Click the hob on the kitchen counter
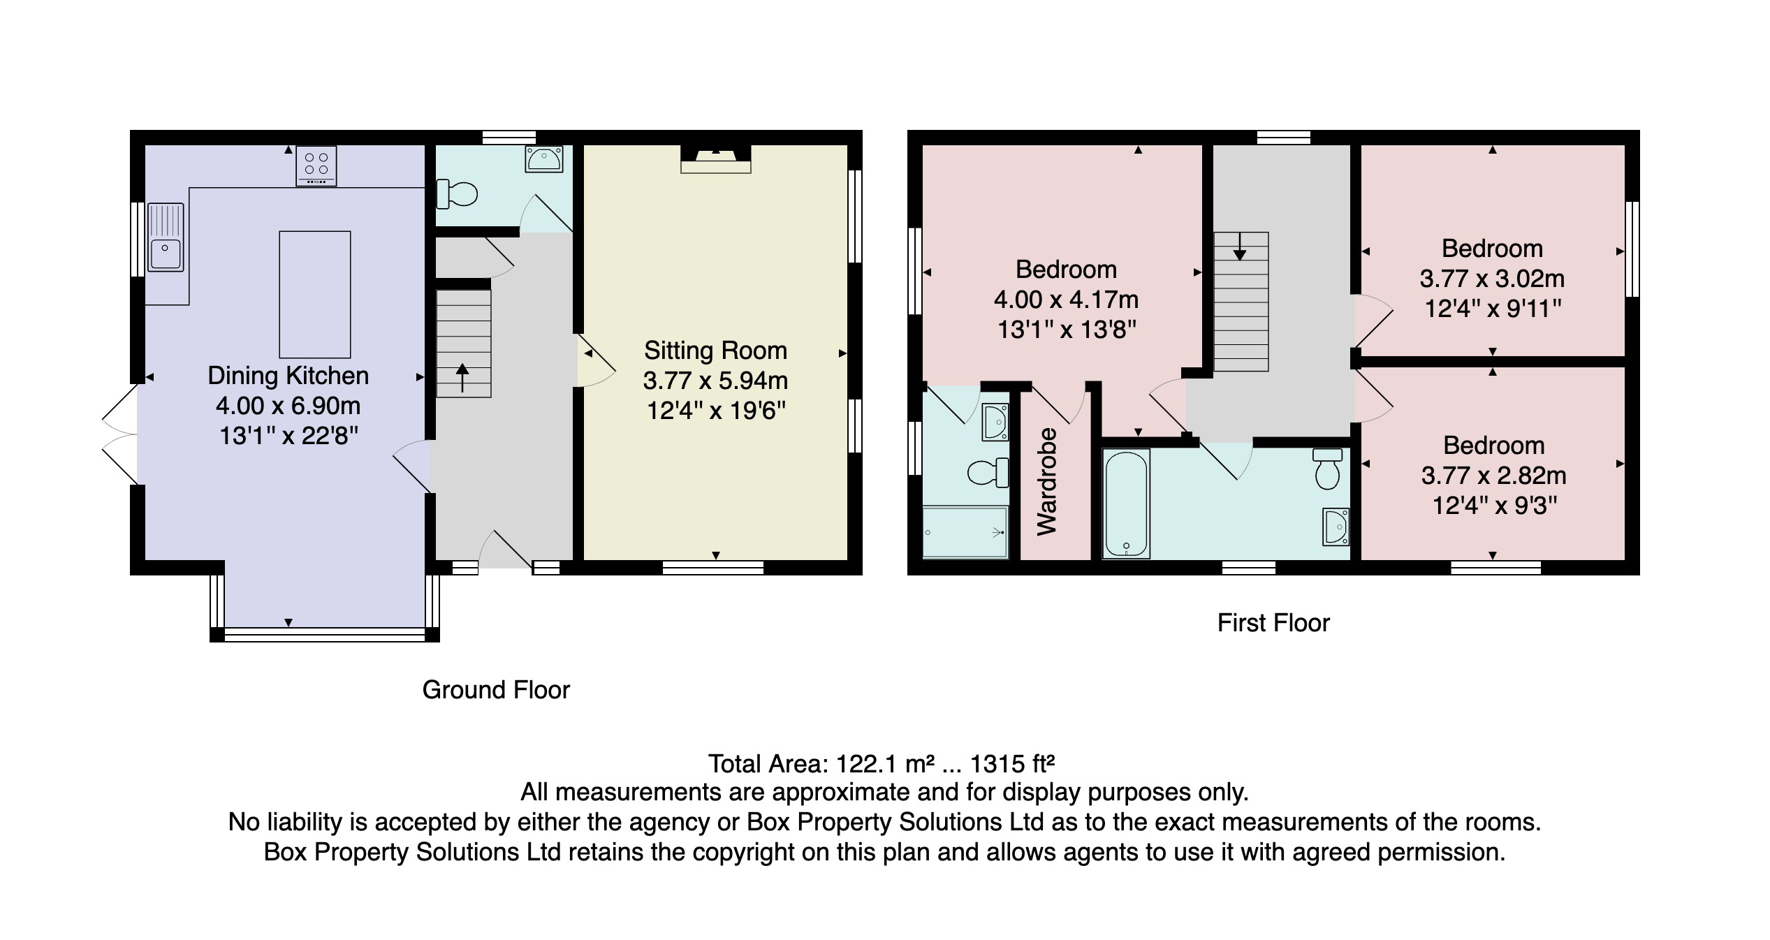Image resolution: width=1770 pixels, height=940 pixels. [x=316, y=166]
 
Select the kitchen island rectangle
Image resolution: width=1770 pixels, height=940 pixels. [x=314, y=294]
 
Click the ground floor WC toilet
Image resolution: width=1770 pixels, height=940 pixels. [x=456, y=193]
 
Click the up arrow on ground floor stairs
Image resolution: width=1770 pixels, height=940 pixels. [x=462, y=378]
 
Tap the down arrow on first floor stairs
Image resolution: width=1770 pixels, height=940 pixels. [x=1240, y=247]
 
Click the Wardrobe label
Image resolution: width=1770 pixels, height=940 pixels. [x=1046, y=481]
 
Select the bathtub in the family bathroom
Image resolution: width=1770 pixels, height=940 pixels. [x=1126, y=503]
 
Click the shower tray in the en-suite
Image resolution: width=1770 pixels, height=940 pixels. [x=965, y=532]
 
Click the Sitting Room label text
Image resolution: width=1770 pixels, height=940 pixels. [x=715, y=350]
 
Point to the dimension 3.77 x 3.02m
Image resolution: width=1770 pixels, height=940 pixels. [x=1492, y=279]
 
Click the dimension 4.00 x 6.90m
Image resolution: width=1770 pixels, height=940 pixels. [x=288, y=406]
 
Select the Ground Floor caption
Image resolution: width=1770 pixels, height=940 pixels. [x=496, y=690]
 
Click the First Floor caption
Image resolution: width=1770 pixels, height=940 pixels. [x=1273, y=623]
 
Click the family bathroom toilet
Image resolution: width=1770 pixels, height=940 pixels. [x=1327, y=469]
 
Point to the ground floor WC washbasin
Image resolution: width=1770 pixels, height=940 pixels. [x=543, y=159]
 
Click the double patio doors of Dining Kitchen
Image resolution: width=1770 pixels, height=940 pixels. [x=120, y=434]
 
